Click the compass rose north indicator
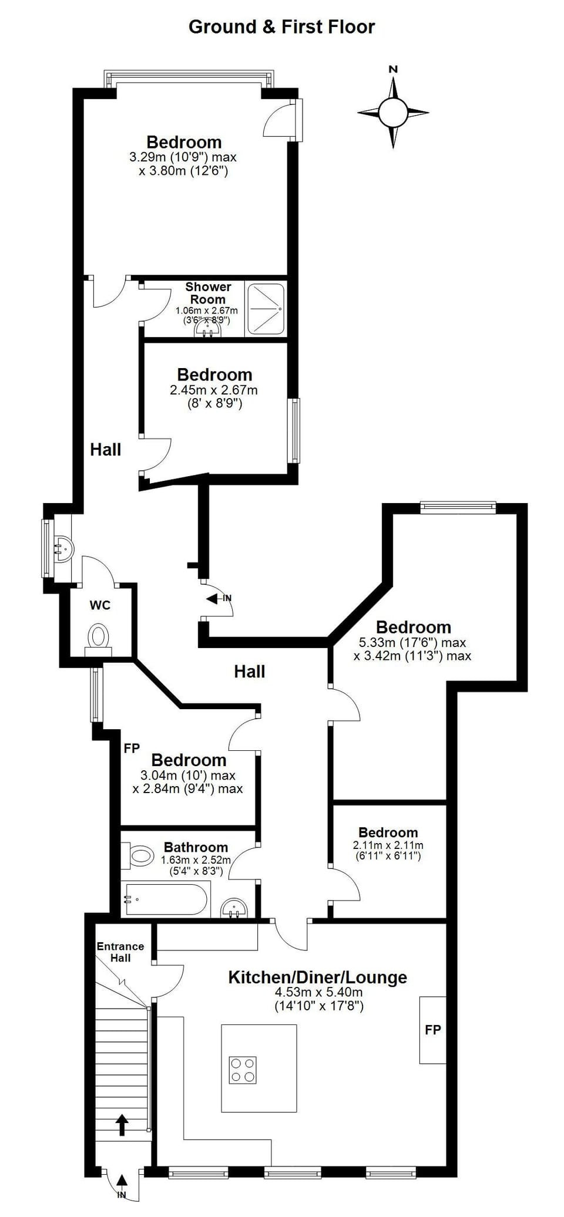click(x=393, y=69)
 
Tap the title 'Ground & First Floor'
click(x=281, y=27)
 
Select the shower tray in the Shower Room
click(x=266, y=309)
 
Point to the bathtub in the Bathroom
click(x=164, y=899)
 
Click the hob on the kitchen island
click(x=243, y=1070)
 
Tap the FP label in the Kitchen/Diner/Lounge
click(x=433, y=1029)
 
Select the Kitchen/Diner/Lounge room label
click(x=317, y=977)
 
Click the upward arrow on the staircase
click(x=122, y=1125)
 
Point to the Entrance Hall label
click(x=120, y=952)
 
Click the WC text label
click(x=100, y=605)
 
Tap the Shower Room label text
click(x=208, y=293)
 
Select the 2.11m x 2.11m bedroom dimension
click(x=388, y=845)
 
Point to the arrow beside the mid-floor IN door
click(x=212, y=598)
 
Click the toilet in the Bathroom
click(x=139, y=855)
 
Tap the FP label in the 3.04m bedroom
click(x=132, y=749)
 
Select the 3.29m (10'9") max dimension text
click(x=183, y=157)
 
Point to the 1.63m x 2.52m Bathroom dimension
click(x=196, y=860)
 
